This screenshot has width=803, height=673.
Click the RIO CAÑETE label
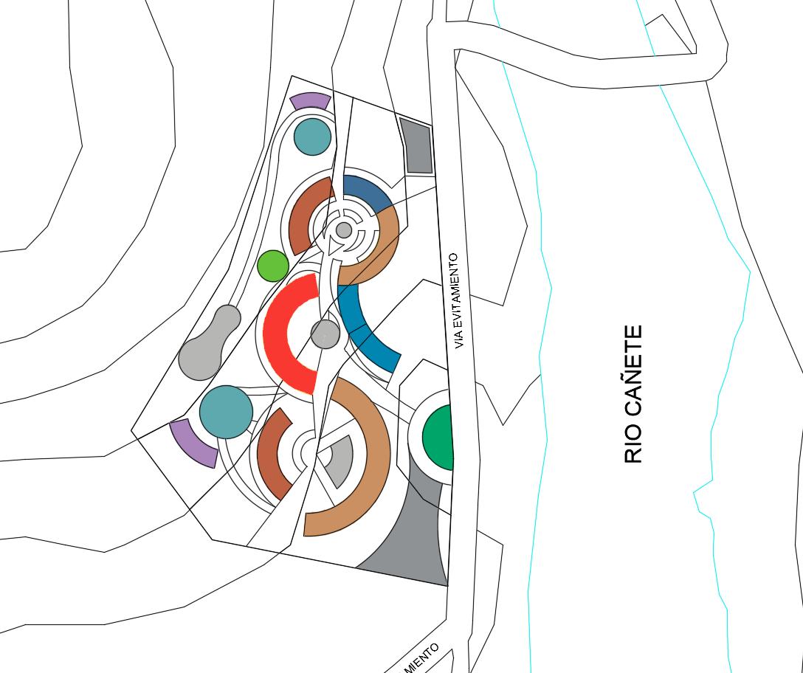[x=633, y=395]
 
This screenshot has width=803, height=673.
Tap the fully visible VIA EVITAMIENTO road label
[x=461, y=301]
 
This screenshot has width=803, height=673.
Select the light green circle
[x=273, y=266]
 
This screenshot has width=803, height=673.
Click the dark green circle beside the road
[x=438, y=438]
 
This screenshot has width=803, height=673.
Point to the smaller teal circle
[x=312, y=137]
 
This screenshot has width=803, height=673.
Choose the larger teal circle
[x=226, y=412]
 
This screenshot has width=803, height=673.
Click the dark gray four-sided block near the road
[x=417, y=146]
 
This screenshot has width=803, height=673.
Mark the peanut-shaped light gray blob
[x=210, y=343]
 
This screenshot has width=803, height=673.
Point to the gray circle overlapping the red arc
[x=325, y=334]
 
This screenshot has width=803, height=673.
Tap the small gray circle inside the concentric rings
[x=344, y=230]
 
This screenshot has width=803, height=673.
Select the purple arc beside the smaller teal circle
[x=310, y=101]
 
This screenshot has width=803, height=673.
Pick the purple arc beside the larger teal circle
[x=193, y=443]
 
